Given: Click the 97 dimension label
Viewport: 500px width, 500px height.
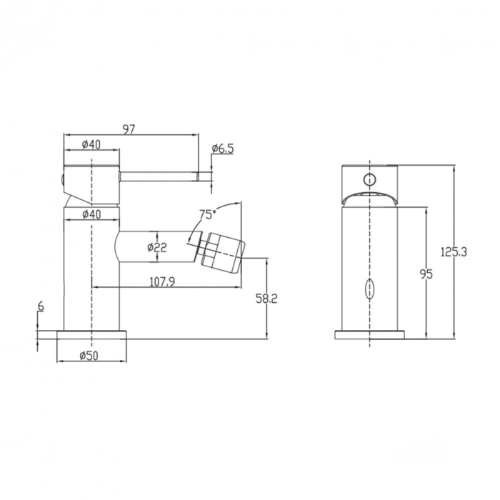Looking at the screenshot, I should [x=129, y=129].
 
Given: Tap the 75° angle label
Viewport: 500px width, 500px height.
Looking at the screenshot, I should [x=206, y=214].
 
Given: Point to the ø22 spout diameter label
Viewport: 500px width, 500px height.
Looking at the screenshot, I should [x=156, y=248].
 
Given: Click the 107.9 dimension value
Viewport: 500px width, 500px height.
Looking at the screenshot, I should [x=161, y=281].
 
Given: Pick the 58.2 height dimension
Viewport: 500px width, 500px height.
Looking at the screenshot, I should [x=266, y=299].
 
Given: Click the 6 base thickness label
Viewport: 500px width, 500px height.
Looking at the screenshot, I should [x=41, y=306].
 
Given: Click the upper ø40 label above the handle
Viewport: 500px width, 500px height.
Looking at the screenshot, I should [x=91, y=144].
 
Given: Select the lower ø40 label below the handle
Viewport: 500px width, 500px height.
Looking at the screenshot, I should [x=91, y=214].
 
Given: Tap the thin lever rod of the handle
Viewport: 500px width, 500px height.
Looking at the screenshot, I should [x=161, y=174].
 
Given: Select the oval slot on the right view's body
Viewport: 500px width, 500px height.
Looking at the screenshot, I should [x=369, y=290].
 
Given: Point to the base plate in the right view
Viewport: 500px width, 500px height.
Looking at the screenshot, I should [x=369, y=335].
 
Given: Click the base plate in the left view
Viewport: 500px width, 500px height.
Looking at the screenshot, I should [x=92, y=335].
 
